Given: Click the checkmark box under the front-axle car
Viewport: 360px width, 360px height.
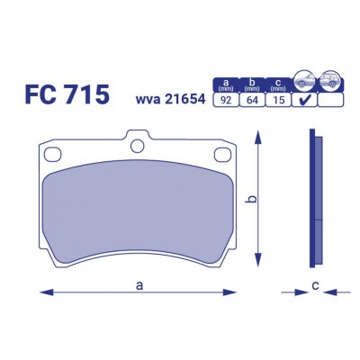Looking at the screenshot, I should (306, 101).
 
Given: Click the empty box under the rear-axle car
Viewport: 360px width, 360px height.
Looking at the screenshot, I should (332, 101).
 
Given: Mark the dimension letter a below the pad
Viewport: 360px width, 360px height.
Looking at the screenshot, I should (139, 285).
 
